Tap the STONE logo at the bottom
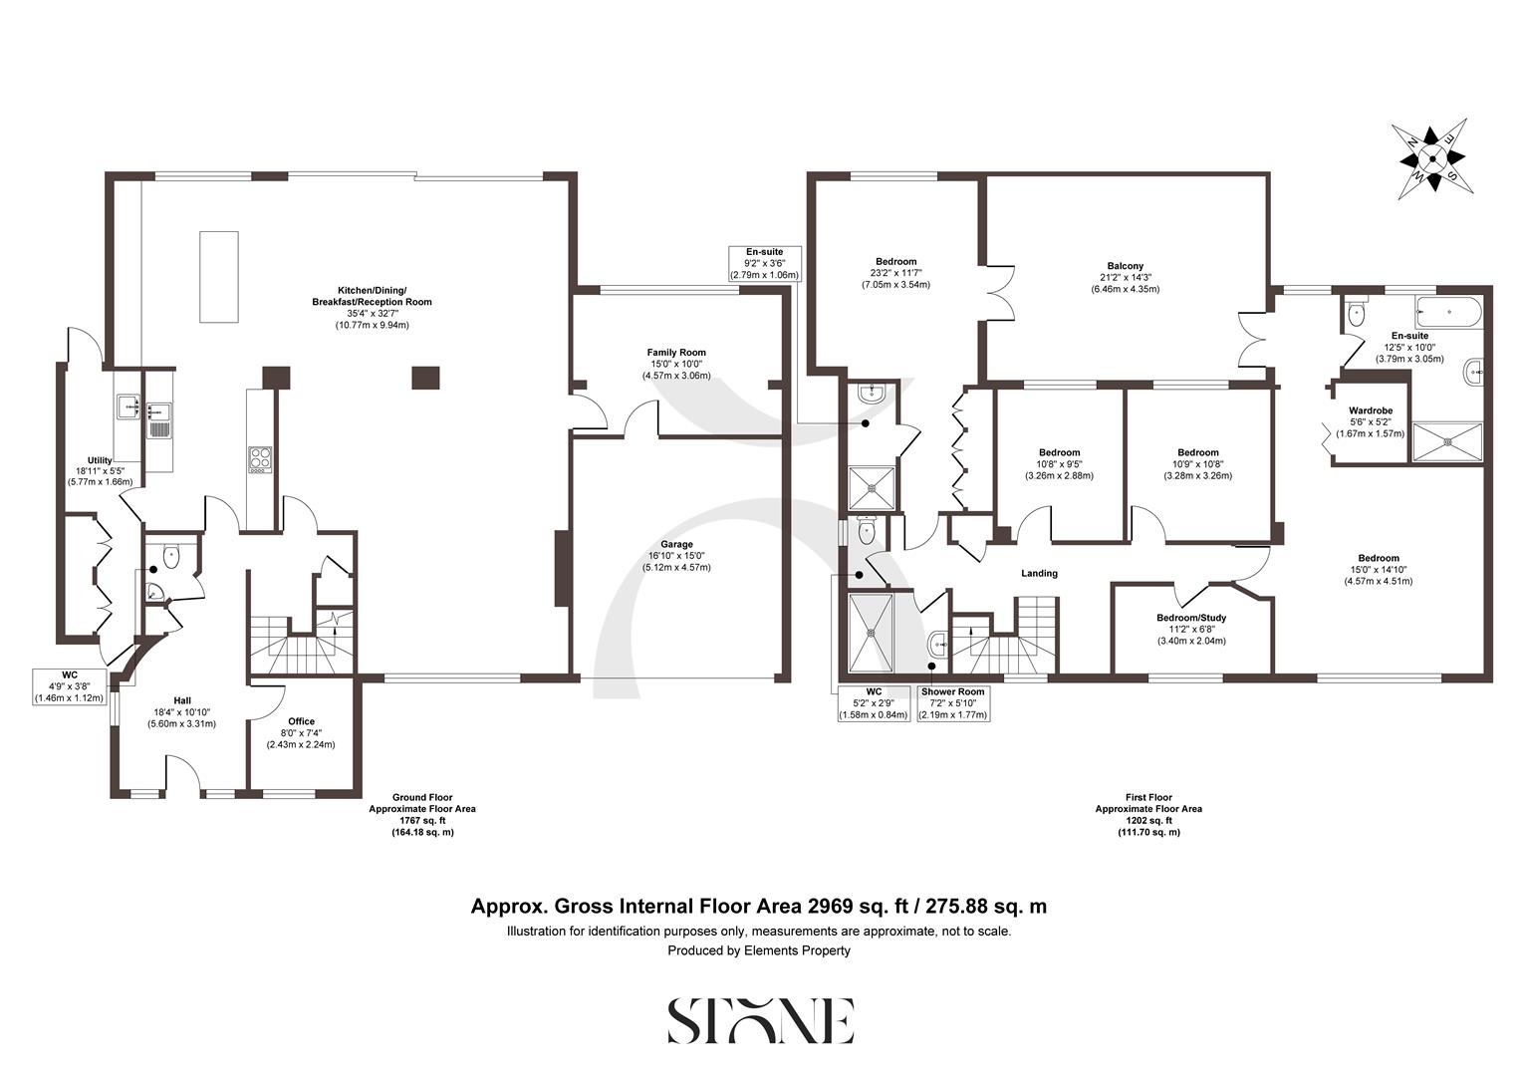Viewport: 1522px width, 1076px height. [x=759, y=1021]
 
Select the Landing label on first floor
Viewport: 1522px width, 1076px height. [x=1039, y=573]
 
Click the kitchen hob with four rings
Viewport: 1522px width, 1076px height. [x=260, y=458]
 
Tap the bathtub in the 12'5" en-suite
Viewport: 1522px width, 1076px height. [x=1448, y=312]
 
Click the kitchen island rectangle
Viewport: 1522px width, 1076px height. [x=219, y=276]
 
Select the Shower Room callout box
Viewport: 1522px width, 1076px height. [x=952, y=702]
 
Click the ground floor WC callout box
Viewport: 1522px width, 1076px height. [x=69, y=686]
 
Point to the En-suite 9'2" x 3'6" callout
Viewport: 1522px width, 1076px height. [x=765, y=263]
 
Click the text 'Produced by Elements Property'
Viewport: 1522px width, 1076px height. [x=759, y=950]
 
